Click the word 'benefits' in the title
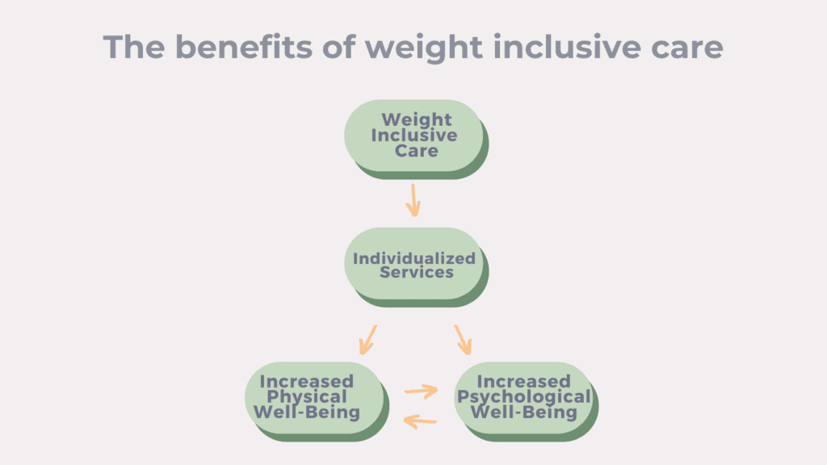pyautogui.click(x=244, y=46)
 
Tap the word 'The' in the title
pyautogui.click(x=134, y=46)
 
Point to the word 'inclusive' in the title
pyautogui.click(x=566, y=46)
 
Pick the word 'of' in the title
pyautogui.click(x=338, y=46)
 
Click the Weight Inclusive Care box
pyautogui.click(x=416, y=139)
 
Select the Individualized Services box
pyautogui.click(x=416, y=266)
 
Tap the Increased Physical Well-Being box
pyautogui.click(x=317, y=401)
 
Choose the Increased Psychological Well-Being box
pyautogui.click(x=526, y=401)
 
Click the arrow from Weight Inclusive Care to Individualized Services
pyautogui.click(x=413, y=200)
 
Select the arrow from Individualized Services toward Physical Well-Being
pyautogui.click(x=368, y=340)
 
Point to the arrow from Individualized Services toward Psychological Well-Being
pyautogui.click(x=463, y=340)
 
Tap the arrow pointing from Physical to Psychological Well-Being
pyautogui.click(x=422, y=391)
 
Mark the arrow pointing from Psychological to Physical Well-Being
pyautogui.click(x=420, y=421)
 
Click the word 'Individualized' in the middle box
pyautogui.click(x=414, y=258)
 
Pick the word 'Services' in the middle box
pyautogui.click(x=417, y=272)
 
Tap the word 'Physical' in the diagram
pyautogui.click(x=307, y=397)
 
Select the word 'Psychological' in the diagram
pyautogui.click(x=523, y=397)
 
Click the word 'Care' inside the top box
pyautogui.click(x=417, y=151)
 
